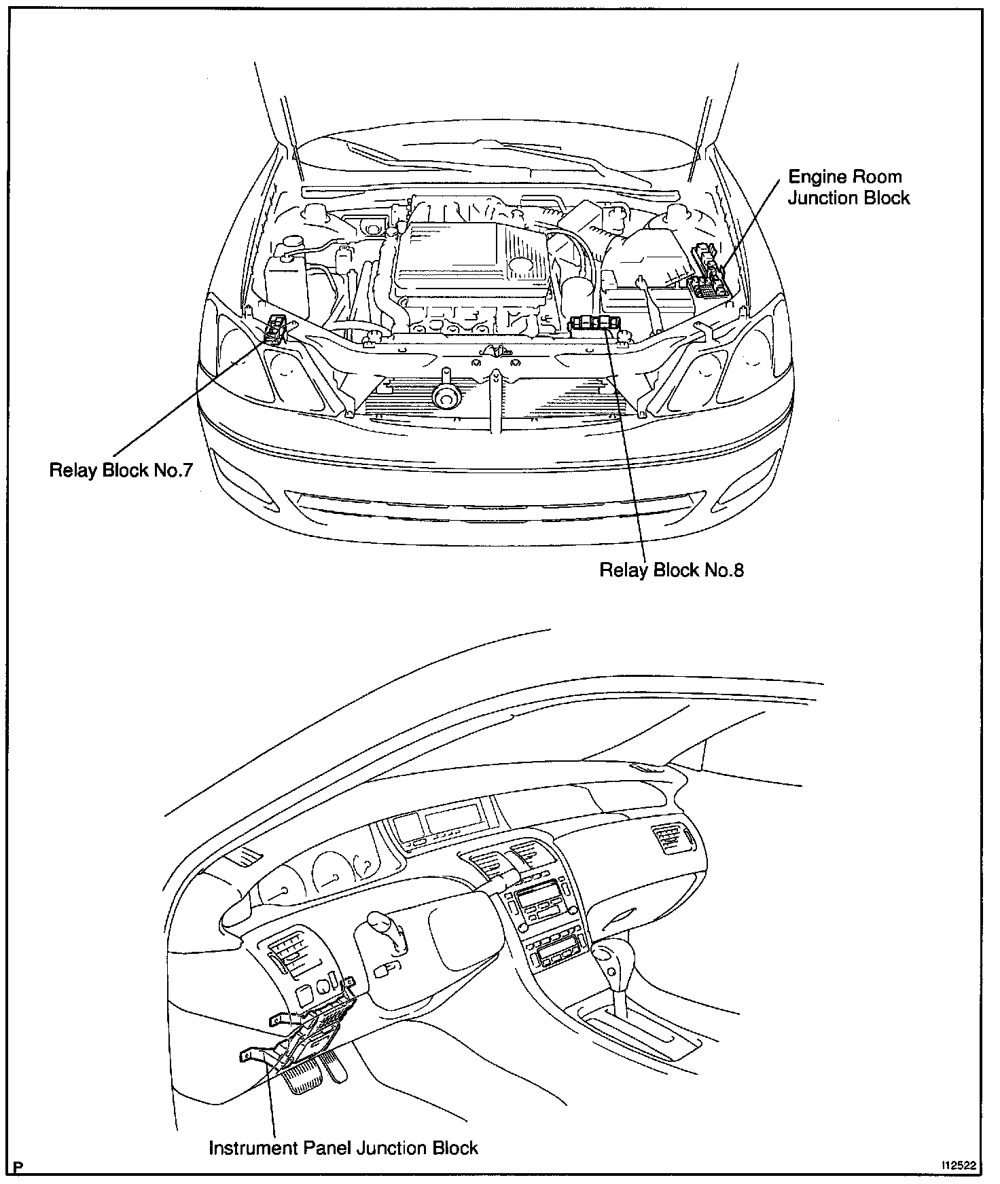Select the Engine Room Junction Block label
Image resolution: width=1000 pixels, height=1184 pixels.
click(x=848, y=187)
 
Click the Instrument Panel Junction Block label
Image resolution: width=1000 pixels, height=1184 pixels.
click(x=343, y=1148)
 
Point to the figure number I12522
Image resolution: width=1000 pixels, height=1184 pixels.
click(x=958, y=1165)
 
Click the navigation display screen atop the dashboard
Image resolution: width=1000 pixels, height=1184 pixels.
click(x=452, y=820)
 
